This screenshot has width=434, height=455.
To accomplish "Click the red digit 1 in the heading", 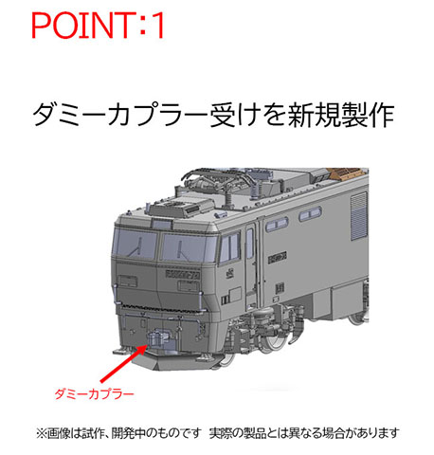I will point(155,25).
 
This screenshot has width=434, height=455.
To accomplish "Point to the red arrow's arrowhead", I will point(143,348).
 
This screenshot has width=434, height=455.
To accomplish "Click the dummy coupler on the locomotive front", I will point(156,339).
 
